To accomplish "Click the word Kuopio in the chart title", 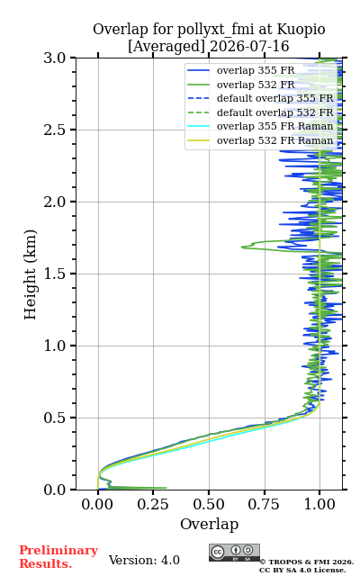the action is click(x=301, y=30).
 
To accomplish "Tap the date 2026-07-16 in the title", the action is click(x=249, y=47).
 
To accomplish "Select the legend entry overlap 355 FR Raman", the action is click(x=274, y=126).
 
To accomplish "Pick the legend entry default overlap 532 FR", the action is click(x=274, y=112).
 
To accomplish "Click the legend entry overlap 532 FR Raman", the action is click(x=274, y=140).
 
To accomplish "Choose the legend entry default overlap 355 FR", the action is click(x=274, y=98).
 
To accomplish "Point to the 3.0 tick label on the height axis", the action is click(x=55, y=58).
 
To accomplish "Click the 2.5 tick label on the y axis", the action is click(x=55, y=130).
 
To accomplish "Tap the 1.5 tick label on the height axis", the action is click(x=55, y=274).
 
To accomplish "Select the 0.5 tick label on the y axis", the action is click(x=55, y=418).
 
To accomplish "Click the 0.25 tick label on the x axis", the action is click(x=153, y=504).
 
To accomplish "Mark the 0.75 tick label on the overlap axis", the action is click(x=264, y=504).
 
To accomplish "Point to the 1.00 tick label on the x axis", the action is click(x=319, y=504).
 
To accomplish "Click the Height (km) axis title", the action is click(x=30, y=274).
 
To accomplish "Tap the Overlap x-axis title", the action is click(x=209, y=524).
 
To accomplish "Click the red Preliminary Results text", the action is click(x=58, y=557).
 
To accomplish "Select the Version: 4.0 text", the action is click(x=144, y=561).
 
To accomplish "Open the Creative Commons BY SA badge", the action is click(x=234, y=553).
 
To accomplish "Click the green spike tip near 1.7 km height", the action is click(x=242, y=247).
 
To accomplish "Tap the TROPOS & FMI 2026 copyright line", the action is click(x=306, y=562).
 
